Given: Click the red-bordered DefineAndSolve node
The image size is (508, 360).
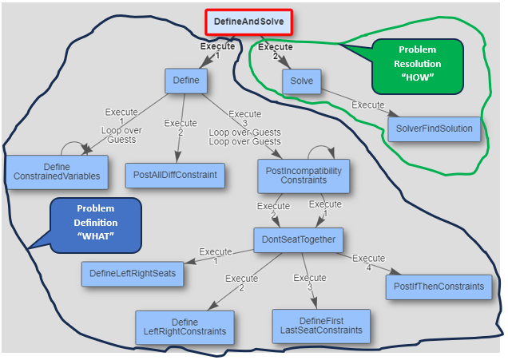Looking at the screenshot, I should pyautogui.click(x=248, y=22).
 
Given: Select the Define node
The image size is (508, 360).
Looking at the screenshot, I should pyautogui.click(x=186, y=81).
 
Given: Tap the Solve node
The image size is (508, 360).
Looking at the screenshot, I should pyautogui.click(x=301, y=81).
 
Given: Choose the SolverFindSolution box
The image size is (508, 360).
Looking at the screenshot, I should pyautogui.click(x=434, y=129).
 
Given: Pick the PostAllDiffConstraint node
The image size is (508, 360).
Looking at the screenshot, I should pyautogui.click(x=175, y=175).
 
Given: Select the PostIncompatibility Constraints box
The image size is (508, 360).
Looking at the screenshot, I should pyautogui.click(x=303, y=175).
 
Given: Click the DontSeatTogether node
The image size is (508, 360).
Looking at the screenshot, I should pyautogui.click(x=299, y=239).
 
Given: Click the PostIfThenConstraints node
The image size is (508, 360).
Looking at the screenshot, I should pyautogui.click(x=439, y=286).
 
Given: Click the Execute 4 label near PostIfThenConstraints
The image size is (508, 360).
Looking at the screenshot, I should pyautogui.click(x=369, y=263).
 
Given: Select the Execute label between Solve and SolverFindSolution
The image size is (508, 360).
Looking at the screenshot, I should pyautogui.click(x=368, y=105).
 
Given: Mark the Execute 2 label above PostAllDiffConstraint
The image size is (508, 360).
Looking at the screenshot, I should pyautogui.click(x=180, y=128).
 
